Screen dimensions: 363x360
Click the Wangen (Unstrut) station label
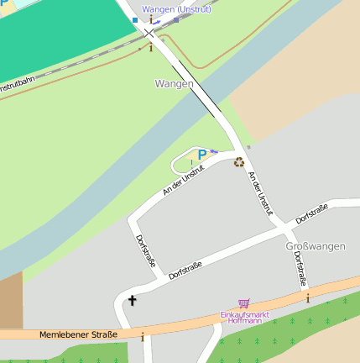click(176, 9)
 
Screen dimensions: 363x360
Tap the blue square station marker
click(134, 19)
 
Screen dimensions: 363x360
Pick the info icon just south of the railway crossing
click(150, 48)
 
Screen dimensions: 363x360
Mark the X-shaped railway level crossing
click(149, 33)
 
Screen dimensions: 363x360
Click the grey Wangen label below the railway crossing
click(174, 83)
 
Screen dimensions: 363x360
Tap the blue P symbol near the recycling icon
click(201, 155)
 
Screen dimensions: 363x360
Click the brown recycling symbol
click(239, 162)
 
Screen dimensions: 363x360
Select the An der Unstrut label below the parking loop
click(184, 181)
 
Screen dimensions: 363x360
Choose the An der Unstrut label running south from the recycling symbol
click(261, 194)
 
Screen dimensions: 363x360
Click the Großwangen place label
click(316, 246)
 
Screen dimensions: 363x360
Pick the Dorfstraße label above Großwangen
click(311, 213)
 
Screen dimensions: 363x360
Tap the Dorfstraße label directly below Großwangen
click(300, 269)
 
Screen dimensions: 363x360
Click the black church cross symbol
click(132, 300)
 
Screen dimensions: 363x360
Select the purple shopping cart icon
click(243, 303)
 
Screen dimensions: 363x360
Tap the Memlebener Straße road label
click(78, 334)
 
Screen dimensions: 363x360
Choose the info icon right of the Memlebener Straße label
click(143, 337)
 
